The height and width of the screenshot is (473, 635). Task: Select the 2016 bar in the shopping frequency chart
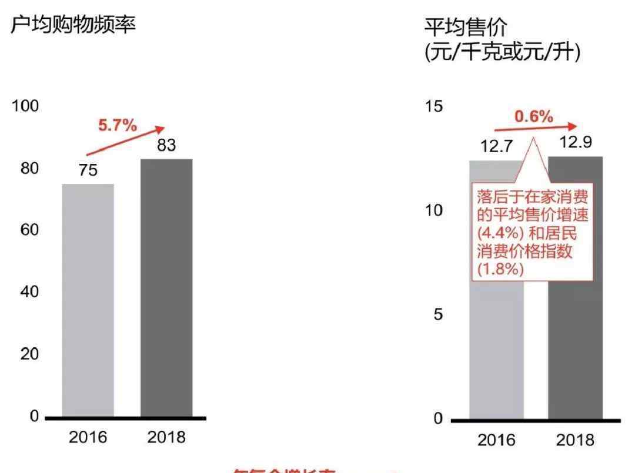click(88, 300)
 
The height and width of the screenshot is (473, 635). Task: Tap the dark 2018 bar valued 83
click(166, 288)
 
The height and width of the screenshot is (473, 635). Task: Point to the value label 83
click(166, 146)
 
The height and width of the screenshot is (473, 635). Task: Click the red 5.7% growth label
click(117, 125)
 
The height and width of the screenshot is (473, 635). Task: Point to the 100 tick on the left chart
click(25, 106)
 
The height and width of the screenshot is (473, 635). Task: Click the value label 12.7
click(496, 147)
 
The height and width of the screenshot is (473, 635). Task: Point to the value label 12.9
click(575, 143)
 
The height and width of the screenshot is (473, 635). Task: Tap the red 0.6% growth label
click(534, 117)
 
